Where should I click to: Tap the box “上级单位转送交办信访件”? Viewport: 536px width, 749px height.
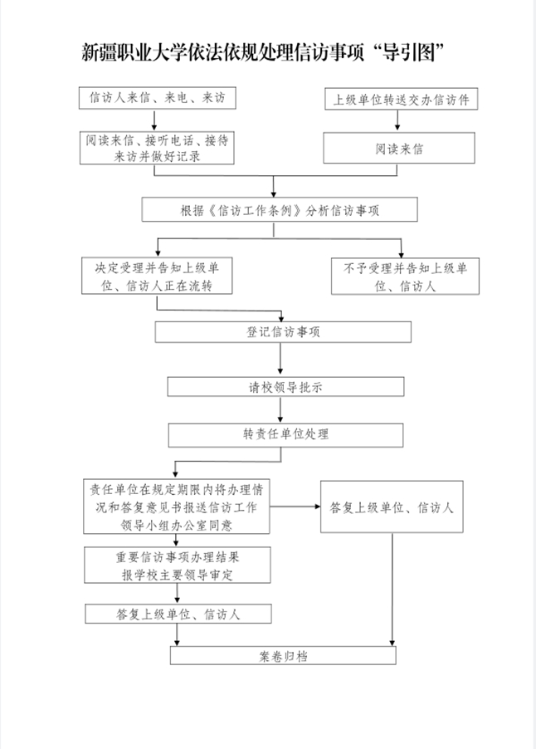pyautogui.click(x=401, y=99)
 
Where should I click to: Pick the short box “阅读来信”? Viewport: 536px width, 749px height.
pyautogui.click(x=400, y=149)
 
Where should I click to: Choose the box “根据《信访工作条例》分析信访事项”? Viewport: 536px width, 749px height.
pyautogui.click(x=280, y=210)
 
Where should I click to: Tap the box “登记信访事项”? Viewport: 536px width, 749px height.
pyautogui.click(x=283, y=332)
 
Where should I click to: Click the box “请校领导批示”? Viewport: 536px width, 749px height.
pyautogui.click(x=286, y=387)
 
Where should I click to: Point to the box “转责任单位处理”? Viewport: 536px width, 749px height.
pyautogui.click(x=286, y=434)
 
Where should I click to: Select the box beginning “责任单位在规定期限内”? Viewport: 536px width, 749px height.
pyautogui.click(x=177, y=506)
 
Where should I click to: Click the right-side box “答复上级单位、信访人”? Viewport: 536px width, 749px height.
pyautogui.click(x=392, y=506)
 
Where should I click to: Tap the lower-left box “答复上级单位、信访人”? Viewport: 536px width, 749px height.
pyautogui.click(x=178, y=614)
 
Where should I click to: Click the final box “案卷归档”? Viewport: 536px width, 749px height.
pyautogui.click(x=284, y=655)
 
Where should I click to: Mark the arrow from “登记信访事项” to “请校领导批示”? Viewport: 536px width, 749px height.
pyautogui.click(x=282, y=360)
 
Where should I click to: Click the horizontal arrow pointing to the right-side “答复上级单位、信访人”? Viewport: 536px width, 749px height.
pyautogui.click(x=295, y=506)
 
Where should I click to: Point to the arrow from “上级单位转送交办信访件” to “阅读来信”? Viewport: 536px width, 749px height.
pyautogui.click(x=400, y=122)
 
